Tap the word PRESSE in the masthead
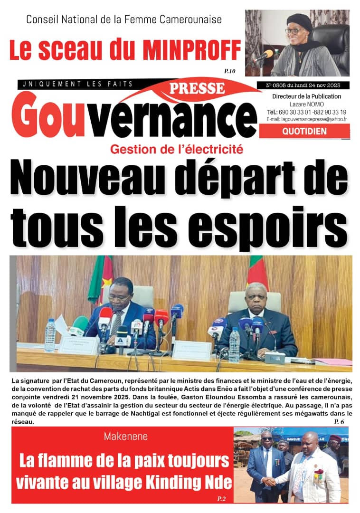point(196,88)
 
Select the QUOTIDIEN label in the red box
point(304,132)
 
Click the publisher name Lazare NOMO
point(306,104)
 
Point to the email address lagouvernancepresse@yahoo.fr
point(306,119)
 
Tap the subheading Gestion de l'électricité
point(177,150)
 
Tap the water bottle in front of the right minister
point(234,344)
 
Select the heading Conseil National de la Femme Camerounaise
point(124,20)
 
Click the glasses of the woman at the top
point(294,31)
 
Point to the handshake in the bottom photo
point(271,481)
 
